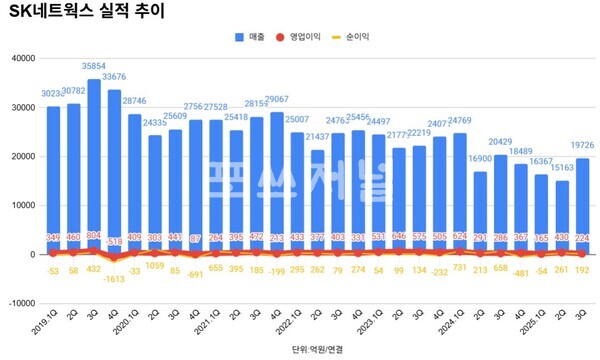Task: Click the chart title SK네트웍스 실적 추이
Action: (87, 13)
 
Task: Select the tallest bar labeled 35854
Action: (94, 160)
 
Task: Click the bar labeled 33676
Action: (115, 165)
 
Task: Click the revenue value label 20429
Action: (501, 142)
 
